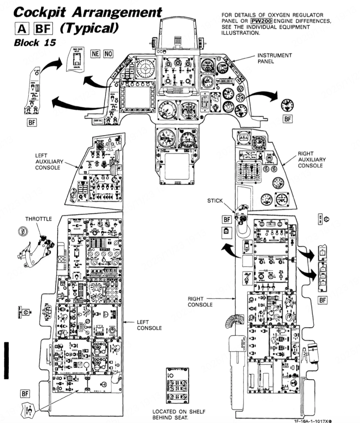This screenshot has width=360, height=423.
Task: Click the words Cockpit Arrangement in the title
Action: pyautogui.click(x=88, y=12)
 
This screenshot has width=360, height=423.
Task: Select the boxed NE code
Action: pyautogui.click(x=95, y=53)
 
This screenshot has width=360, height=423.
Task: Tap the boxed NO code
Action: pyautogui.click(x=108, y=53)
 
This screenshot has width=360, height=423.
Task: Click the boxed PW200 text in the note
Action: pyautogui.click(x=262, y=21)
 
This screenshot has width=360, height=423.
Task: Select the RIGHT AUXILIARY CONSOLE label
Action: pyautogui.click(x=312, y=159)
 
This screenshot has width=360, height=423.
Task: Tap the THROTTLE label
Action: pyautogui.click(x=39, y=219)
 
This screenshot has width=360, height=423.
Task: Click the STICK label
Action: pyautogui.click(x=215, y=201)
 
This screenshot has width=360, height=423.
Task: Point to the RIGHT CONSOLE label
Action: pyautogui.click(x=200, y=302)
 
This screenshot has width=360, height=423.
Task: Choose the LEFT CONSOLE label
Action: pyautogui.click(x=149, y=325)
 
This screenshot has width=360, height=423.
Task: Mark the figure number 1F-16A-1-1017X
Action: pyautogui.click(x=312, y=421)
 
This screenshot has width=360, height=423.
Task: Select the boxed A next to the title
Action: pyautogui.click(x=22, y=29)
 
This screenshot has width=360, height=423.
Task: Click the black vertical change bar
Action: pyautogui.click(x=6, y=360)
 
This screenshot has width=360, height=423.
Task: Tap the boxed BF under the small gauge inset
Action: pyautogui.click(x=287, y=119)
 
